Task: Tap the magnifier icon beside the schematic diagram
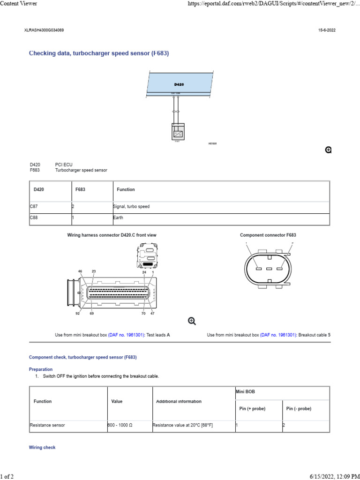(x=329, y=150)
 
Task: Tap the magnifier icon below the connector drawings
(x=192, y=321)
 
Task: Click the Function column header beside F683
(x=126, y=189)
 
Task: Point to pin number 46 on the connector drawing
(x=80, y=271)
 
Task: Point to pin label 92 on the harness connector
(x=78, y=313)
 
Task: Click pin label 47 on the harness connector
(x=152, y=313)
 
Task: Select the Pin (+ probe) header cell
(x=252, y=409)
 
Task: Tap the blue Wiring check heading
(x=42, y=448)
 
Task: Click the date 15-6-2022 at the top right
(x=327, y=30)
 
